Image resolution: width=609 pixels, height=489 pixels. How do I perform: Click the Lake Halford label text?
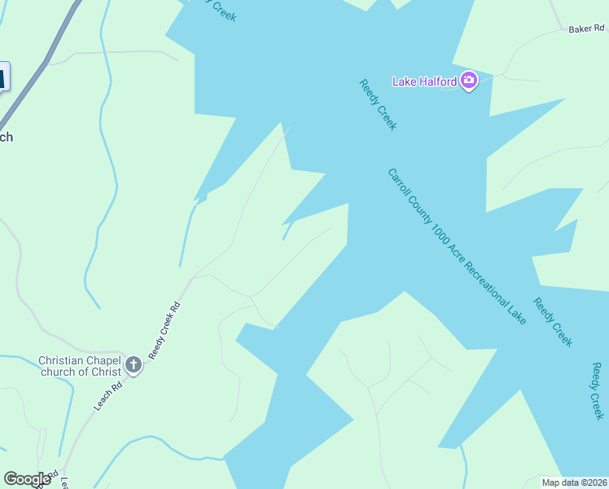click(424, 81)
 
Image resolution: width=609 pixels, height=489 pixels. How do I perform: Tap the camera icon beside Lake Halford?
click(468, 81)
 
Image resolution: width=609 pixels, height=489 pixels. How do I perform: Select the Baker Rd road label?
click(586, 29)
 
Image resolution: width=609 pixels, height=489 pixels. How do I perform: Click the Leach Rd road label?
click(107, 395)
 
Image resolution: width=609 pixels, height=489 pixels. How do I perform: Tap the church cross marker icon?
click(133, 366)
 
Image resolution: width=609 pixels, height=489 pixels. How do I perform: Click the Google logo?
click(27, 479)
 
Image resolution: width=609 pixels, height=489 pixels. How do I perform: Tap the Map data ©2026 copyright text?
click(575, 482)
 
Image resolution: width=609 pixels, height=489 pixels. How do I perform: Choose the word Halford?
click(437, 81)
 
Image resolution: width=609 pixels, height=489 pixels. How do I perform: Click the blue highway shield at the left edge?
click(3, 77)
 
